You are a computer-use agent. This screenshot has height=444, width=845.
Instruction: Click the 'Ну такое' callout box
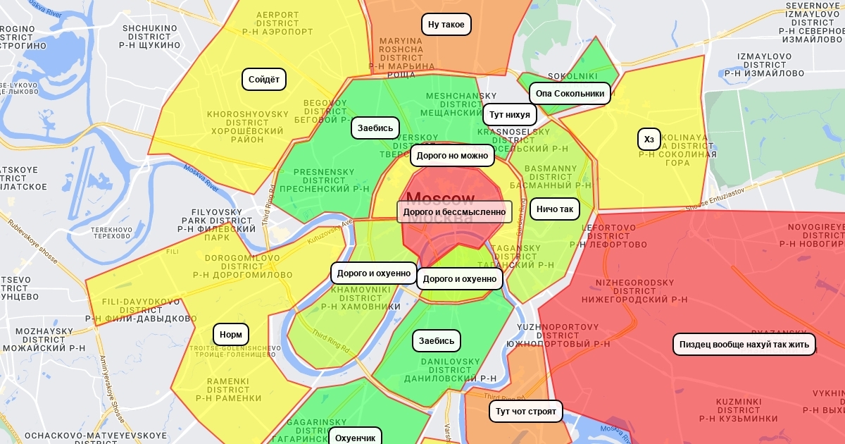[446, 25]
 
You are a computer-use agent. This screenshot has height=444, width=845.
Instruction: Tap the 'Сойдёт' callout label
[264, 80]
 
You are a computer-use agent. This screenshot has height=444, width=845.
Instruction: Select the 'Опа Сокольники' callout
[570, 93]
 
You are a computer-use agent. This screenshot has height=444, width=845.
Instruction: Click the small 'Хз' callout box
[649, 140]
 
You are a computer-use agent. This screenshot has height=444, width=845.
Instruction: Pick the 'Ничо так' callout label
[555, 209]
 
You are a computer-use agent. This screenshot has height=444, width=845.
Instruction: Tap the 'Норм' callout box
[231, 335]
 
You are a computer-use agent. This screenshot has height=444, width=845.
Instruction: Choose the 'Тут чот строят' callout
[525, 411]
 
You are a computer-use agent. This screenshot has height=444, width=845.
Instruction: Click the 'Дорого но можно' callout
[452, 156]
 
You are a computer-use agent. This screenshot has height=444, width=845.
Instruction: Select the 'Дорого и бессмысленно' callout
[454, 211]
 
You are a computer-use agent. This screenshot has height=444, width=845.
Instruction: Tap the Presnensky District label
[324, 180]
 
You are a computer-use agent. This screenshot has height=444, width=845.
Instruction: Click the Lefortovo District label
[608, 236]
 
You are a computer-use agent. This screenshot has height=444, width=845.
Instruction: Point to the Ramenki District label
[228, 390]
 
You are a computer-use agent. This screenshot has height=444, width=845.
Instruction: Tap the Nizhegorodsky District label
[634, 290]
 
